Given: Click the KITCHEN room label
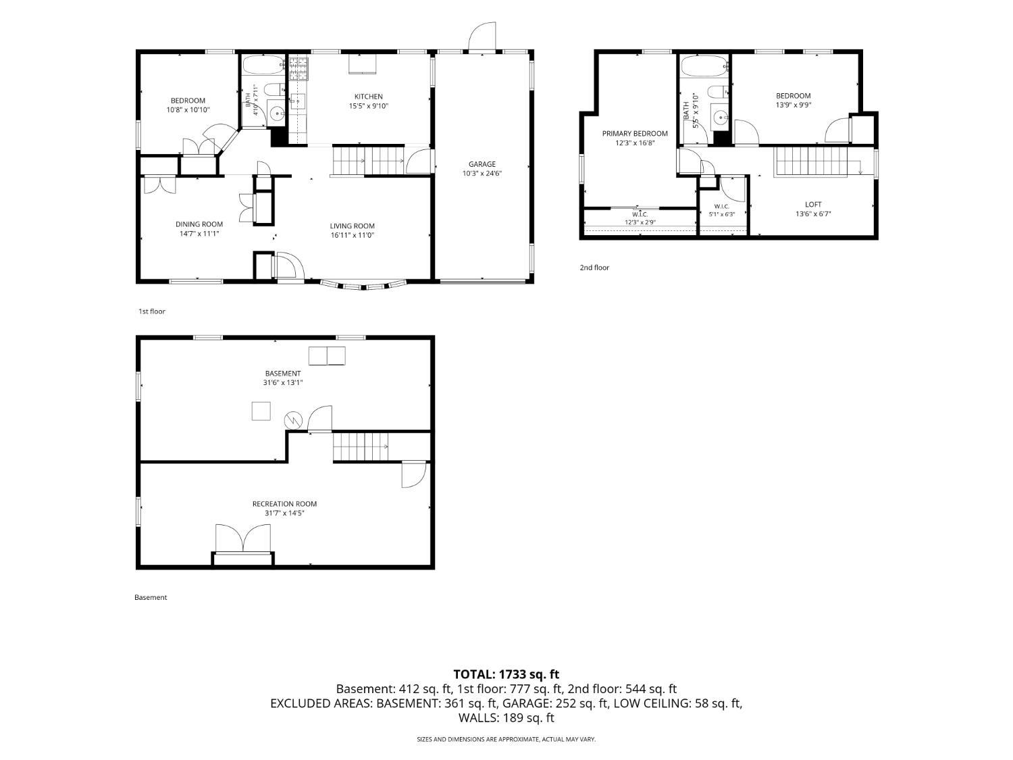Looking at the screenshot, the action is pos(368,97).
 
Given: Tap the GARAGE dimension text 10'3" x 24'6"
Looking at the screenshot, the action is pos(482,174).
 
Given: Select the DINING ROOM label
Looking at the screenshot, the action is pos(199,224).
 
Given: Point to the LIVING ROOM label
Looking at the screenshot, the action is pos(352,226).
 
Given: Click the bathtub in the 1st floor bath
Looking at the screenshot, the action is pos(263,66).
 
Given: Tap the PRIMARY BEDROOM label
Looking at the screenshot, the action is pos(635,133).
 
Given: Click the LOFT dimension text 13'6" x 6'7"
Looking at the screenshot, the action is pos(812,213).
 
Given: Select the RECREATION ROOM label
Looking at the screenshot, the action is pos(284,504).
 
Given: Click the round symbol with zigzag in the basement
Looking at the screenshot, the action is pos(293,420).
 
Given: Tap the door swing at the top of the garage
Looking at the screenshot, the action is pos(482,36).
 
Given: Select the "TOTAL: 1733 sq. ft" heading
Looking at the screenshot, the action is pos(506,675).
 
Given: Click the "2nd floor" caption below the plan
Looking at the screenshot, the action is pos(594,268).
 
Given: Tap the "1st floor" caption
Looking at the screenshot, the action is pos(152,311).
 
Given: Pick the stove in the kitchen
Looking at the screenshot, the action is pos(298,68).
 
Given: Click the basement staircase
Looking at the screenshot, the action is pos(361,447).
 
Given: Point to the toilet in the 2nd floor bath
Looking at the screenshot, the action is pos(718,93).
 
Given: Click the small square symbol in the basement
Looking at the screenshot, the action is pos(261,411).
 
